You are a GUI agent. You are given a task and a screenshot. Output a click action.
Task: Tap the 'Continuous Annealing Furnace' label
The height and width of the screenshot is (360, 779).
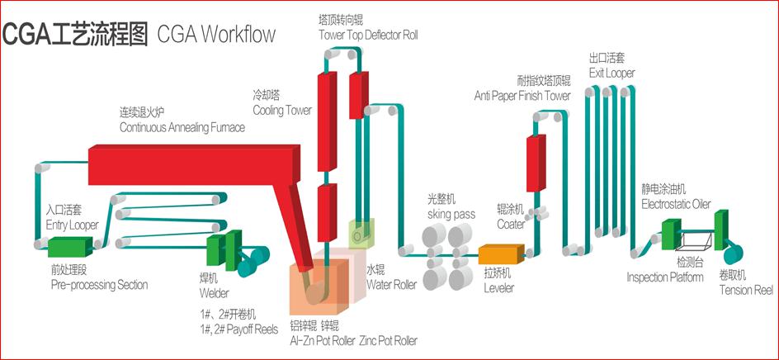coord(182,128)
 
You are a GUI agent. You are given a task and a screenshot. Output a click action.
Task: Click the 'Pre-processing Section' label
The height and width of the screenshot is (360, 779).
coord(99,285)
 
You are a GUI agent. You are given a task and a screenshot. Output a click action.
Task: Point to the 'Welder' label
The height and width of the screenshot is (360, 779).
coord(214,293)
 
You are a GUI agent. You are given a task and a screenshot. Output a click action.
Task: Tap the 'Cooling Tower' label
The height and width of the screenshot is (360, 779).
coord(281,111)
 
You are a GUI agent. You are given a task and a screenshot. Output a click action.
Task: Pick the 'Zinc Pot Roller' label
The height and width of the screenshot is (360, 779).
coord(388,340)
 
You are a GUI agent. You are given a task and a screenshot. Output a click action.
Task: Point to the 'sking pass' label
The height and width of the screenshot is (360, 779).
coord(451,214)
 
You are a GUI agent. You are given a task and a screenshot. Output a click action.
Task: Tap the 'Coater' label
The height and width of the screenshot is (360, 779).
coord(511,224)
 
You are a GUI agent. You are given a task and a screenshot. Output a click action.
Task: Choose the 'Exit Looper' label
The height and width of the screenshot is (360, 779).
coord(611,73)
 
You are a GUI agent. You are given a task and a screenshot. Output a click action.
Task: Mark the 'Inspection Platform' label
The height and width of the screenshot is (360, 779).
coord(665,277)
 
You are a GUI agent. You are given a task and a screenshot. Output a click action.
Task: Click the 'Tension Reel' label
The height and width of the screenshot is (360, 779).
coord(746,290)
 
